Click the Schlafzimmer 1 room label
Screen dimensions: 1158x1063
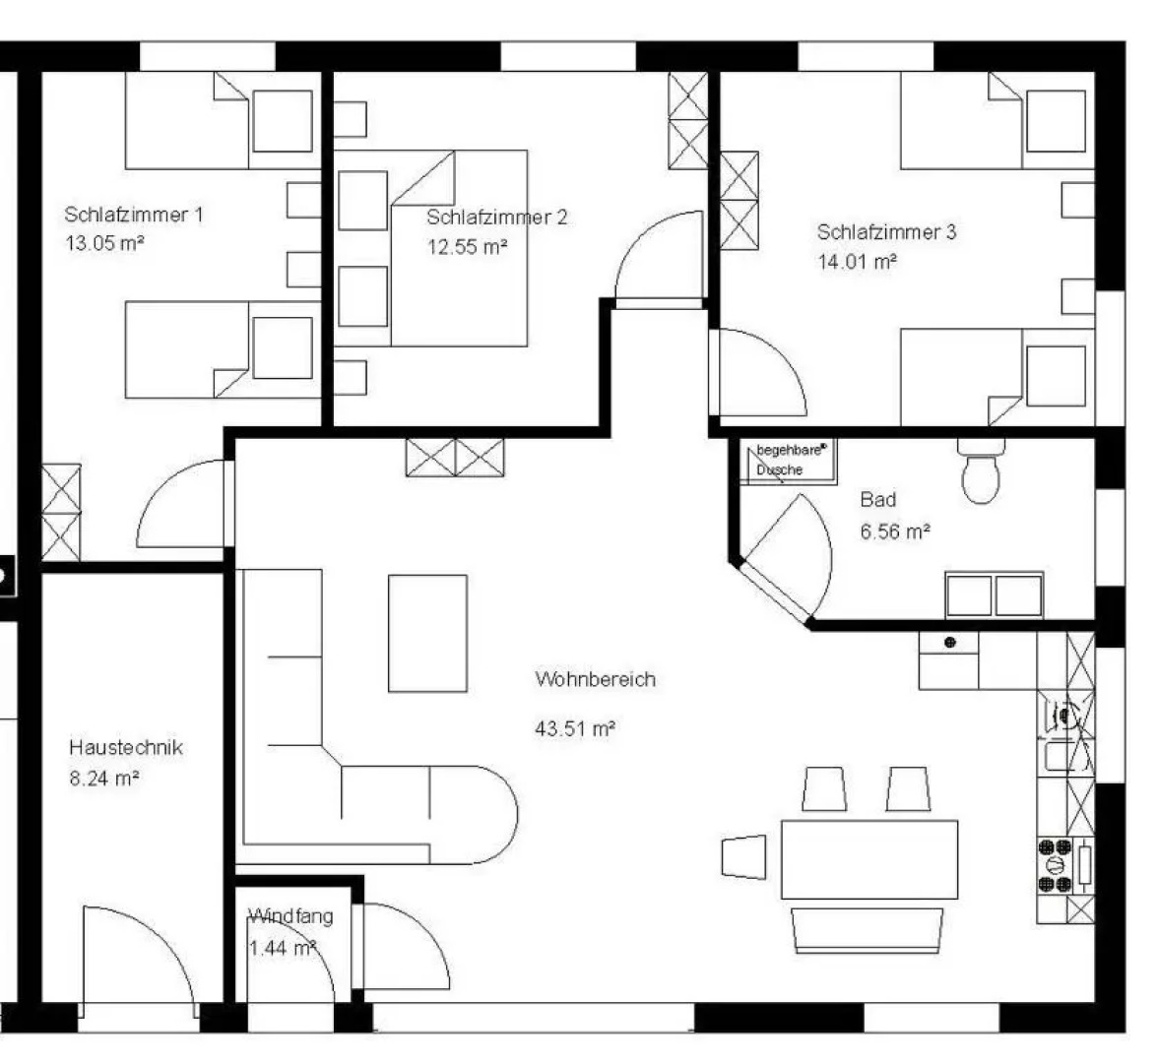[134, 215]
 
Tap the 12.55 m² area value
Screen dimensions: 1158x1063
[468, 246]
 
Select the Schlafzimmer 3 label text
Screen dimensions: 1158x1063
[886, 232]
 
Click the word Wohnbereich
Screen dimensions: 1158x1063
[595, 679]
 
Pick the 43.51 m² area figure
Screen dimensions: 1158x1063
[575, 728]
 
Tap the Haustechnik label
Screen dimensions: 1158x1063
[126, 747]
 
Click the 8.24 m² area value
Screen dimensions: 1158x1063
[104, 778]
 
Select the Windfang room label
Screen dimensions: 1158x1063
[291, 916]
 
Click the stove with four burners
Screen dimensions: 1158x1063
[1065, 865]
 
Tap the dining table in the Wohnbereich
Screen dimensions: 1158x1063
[869, 859]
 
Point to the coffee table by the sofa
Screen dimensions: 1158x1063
[427, 634]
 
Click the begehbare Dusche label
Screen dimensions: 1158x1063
[789, 460]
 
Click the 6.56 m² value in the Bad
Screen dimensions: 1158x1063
[895, 531]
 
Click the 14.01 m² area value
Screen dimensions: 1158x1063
[858, 262]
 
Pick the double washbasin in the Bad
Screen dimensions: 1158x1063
[995, 594]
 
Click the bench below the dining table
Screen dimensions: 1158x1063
[867, 931]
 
